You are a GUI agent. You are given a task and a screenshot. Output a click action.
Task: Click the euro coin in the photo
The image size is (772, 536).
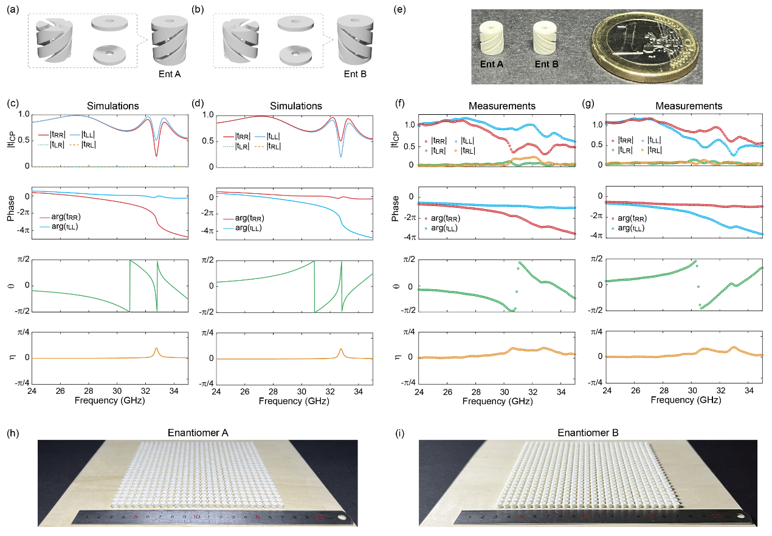point(643,45)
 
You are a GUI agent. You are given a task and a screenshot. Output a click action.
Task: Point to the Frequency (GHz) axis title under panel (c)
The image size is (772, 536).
point(110,402)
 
